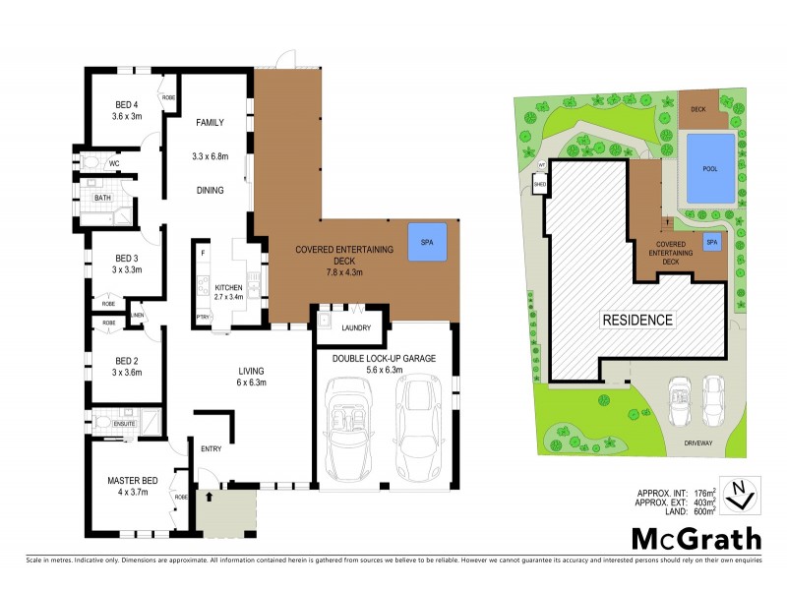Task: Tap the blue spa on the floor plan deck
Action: click(427, 242)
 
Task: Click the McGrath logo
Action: click(696, 538)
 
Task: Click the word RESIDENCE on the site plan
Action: click(637, 320)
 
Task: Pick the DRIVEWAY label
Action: click(705, 443)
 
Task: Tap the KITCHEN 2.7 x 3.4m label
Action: click(228, 291)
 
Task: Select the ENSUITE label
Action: click(123, 424)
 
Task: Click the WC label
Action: click(99, 163)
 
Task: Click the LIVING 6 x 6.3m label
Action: click(252, 377)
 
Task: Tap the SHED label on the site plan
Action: click(539, 184)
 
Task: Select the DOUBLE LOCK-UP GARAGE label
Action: click(384, 358)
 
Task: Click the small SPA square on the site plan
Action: click(710, 242)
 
